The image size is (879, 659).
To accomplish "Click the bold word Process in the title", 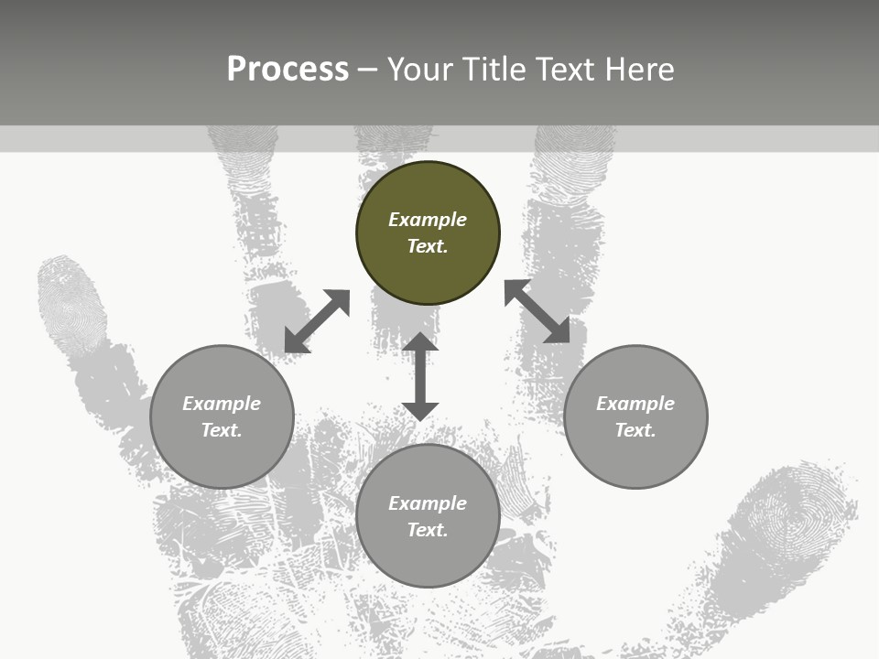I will coord(288,70).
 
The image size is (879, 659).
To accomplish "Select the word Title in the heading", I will coord(493,70).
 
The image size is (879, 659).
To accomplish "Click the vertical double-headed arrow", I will coord(420,377).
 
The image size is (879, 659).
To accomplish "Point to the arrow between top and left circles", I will coord(317,321).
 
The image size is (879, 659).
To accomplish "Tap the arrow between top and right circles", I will coord(537,311).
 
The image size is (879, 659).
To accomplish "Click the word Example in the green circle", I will coord(428,220).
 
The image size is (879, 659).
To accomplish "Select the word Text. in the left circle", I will coord(222,430).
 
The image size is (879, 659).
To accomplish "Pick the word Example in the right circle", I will coord(635,404).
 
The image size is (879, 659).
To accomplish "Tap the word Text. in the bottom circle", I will coord(428,530).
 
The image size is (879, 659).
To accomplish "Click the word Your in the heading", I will coord(419,70).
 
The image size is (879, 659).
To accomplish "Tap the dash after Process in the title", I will coord(367,70).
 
